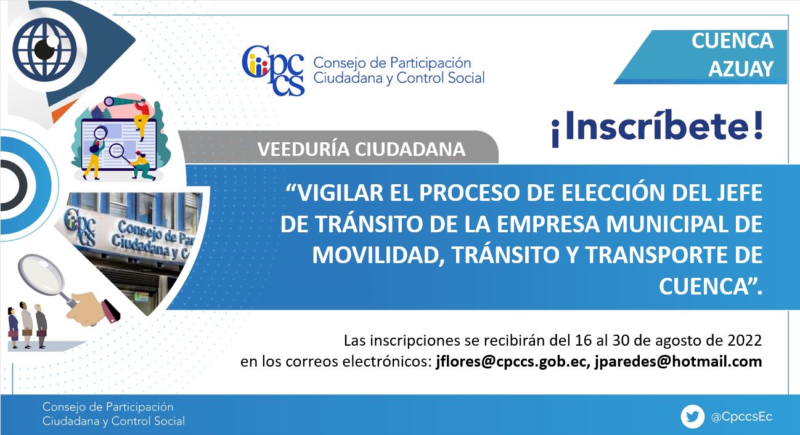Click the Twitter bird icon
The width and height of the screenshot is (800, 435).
693,417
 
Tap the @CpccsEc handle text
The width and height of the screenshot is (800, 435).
742,417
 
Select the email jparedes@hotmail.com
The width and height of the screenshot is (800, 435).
678,362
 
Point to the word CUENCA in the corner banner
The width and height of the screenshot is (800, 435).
732,41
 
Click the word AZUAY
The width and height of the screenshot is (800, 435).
741,68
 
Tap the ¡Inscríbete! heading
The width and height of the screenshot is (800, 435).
658,128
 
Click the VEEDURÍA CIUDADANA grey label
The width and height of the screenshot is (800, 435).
361,149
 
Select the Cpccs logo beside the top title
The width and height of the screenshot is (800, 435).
273,70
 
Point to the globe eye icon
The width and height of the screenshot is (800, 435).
45,49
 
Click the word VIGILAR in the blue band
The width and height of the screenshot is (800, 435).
340,193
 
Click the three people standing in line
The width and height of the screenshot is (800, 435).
28,325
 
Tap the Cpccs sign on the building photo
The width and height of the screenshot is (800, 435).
80,227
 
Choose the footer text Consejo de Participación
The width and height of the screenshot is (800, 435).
108,407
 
